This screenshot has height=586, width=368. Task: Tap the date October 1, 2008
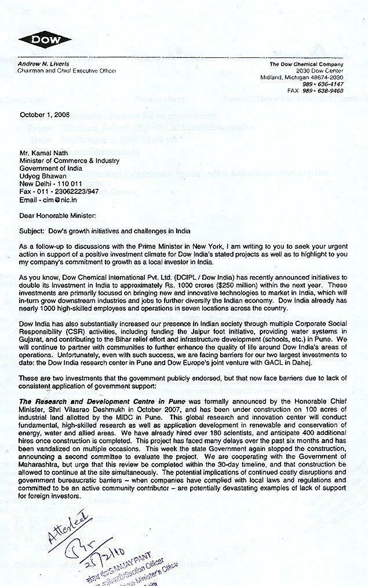tap(45, 114)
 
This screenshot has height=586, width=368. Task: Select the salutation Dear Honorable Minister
tap(57, 215)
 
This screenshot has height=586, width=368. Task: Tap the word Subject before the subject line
tap(30, 231)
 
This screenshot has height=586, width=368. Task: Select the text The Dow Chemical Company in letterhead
tap(306, 64)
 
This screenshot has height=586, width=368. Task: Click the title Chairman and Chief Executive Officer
tap(67, 71)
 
